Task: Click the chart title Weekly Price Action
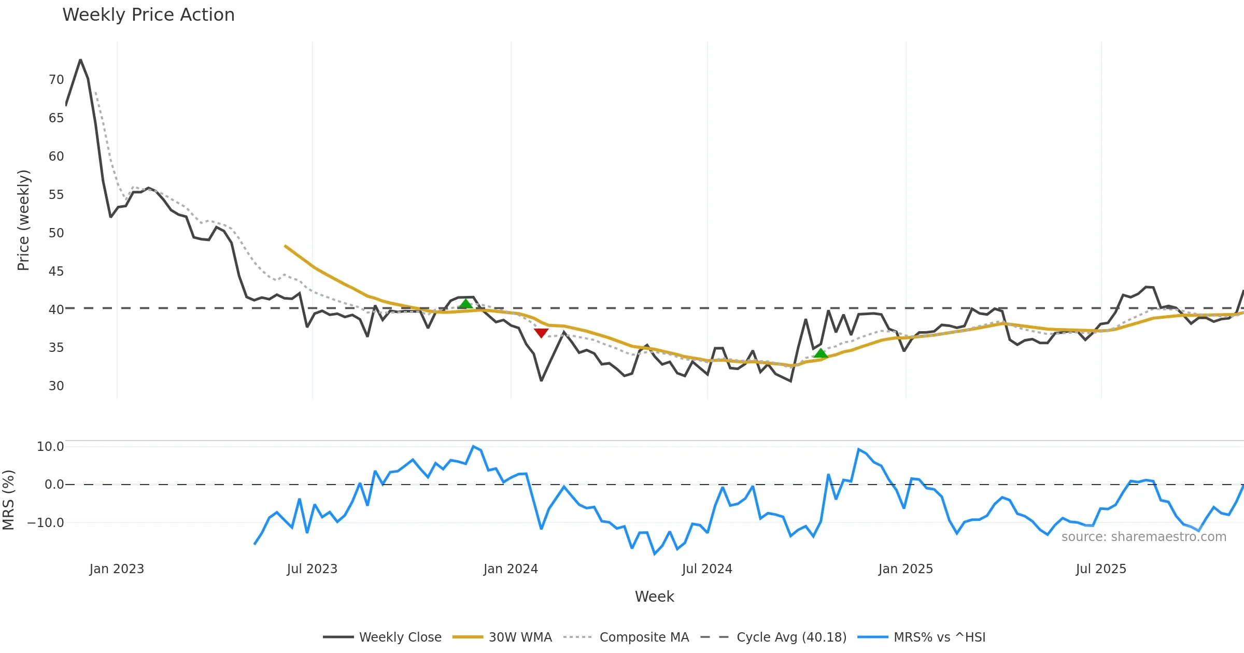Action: tap(148, 15)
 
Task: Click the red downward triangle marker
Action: tap(541, 333)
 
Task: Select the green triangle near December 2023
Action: tap(466, 304)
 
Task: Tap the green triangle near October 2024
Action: tap(821, 353)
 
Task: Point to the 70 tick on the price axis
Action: tap(56, 80)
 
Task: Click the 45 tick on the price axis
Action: tap(56, 272)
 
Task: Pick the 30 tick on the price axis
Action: tap(56, 386)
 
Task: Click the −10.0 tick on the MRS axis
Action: tap(46, 523)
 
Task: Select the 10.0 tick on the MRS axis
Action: tap(50, 447)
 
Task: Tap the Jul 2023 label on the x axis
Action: tap(312, 569)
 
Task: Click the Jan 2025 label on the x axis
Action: tap(906, 569)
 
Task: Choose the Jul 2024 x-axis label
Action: tap(707, 569)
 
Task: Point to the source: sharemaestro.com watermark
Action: tap(1143, 537)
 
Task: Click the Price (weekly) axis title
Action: tap(23, 220)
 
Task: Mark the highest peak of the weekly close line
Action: tap(80, 60)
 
